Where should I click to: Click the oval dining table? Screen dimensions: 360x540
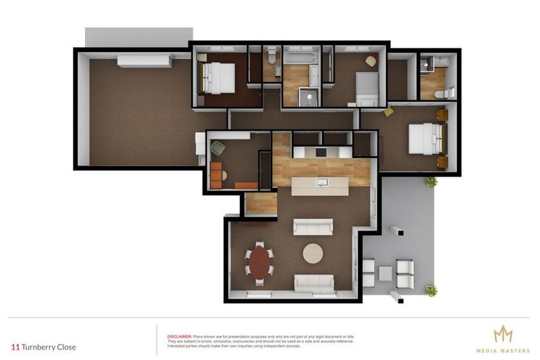click(x=260, y=261)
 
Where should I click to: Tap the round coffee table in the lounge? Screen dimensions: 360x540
click(x=313, y=252)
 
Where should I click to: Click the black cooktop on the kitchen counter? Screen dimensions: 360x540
click(x=321, y=152)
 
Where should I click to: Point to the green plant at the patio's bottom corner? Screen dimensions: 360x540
click(x=430, y=290)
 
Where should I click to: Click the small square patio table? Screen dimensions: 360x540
click(x=385, y=273)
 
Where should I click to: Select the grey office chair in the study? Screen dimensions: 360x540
click(x=219, y=148)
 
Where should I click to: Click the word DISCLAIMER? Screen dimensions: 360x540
click(x=179, y=337)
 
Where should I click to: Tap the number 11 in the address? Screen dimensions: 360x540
click(x=15, y=347)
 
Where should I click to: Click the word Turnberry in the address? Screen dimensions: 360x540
click(x=39, y=347)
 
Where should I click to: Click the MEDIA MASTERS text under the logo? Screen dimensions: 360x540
click(x=503, y=350)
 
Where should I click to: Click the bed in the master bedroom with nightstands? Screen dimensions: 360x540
click(x=425, y=137)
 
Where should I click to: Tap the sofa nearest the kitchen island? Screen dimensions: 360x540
click(x=313, y=226)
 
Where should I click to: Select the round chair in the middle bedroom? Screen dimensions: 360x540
click(x=371, y=61)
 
